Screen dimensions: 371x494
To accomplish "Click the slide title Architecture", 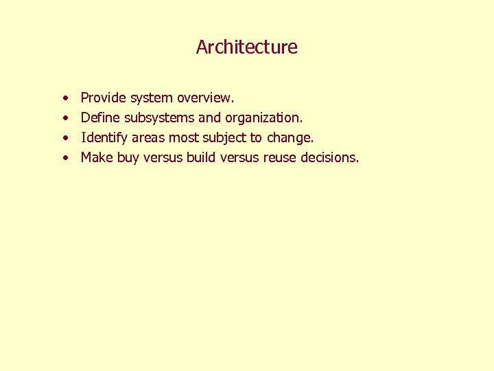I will click(x=247, y=47).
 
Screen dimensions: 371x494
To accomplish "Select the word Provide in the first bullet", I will click(x=104, y=98).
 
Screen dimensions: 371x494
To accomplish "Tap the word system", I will click(x=152, y=98).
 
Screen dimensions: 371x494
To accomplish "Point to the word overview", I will click(x=205, y=98).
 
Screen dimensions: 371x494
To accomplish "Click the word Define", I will click(x=100, y=118).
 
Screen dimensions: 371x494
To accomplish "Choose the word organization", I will click(x=264, y=118).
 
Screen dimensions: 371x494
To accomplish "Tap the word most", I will click(x=183, y=137).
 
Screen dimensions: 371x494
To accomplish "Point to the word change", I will click(x=290, y=137).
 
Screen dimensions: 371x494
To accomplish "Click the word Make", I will click(x=97, y=157).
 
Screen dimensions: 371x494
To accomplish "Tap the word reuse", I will click(x=278, y=157).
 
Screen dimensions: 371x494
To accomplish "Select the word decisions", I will click(x=329, y=157).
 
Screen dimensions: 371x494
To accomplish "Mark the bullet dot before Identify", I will click(x=64, y=138).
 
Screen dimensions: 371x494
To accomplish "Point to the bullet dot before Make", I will click(x=64, y=158).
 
